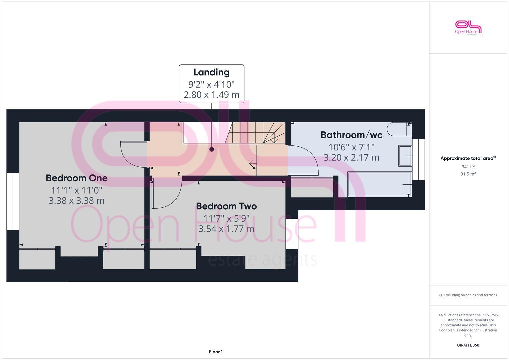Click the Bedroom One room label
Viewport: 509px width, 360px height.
tap(76, 178)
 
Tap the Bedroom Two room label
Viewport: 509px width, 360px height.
tap(226, 206)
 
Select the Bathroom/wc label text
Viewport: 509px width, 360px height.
tap(351, 135)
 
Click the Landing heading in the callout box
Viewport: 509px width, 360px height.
tap(211, 72)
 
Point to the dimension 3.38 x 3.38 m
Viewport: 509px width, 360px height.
tap(76, 201)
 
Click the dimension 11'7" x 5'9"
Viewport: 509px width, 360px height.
tap(226, 218)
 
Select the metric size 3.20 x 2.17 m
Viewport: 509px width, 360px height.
tap(351, 157)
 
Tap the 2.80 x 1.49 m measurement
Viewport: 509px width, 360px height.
tap(211, 95)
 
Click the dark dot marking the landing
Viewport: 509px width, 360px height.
tap(211, 149)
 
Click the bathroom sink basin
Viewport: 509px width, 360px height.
tap(405, 156)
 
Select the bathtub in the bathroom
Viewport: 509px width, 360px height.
tap(379, 184)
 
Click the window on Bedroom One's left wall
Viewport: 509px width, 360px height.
tap(13, 201)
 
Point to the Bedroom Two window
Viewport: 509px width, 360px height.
tap(292, 234)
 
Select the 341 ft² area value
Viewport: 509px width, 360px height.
tap(468, 167)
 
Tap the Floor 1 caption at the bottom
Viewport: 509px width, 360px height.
tap(216, 352)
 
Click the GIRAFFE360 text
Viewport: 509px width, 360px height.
tap(468, 345)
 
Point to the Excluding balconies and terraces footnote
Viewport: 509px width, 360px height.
tap(468, 295)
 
